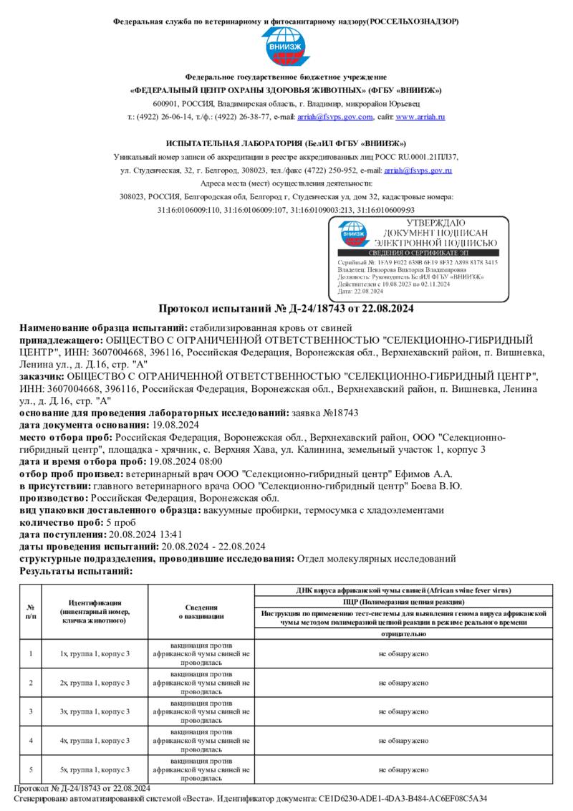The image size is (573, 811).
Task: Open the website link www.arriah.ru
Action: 421,117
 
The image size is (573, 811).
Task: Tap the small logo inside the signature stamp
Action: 354,234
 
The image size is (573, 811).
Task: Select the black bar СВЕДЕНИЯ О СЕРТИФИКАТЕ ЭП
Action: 418,253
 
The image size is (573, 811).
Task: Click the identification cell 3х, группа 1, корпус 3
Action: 95,711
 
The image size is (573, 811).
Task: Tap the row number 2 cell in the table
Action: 31,683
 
